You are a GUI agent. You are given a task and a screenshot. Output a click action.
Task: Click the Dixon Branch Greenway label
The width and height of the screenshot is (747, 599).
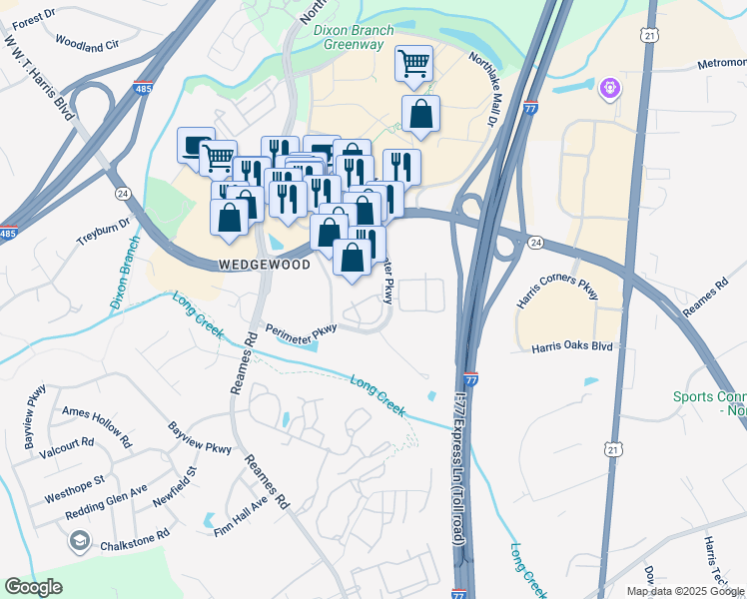coord(355,37)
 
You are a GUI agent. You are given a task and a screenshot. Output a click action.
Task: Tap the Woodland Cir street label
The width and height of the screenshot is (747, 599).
coord(87,45)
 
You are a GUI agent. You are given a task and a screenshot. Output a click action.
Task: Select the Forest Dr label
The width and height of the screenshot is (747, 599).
coord(34,16)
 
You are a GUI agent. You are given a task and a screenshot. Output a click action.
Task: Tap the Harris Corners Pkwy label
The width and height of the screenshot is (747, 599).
coord(557,287)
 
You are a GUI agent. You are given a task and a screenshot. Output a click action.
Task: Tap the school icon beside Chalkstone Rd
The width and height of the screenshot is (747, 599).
coord(78,542)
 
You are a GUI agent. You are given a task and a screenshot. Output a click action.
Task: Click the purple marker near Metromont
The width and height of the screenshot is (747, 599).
coord(610,90)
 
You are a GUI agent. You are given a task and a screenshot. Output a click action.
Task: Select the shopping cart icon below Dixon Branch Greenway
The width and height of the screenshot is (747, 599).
coord(413,64)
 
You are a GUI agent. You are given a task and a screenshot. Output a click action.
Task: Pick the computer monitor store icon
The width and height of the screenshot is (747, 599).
coord(195,146)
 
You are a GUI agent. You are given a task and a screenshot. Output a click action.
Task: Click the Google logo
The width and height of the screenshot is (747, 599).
coord(34,587)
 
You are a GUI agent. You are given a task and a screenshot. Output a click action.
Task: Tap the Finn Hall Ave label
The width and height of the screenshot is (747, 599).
coord(242,519)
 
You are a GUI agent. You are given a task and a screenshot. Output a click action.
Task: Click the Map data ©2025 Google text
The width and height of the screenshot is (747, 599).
coord(684,591)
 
